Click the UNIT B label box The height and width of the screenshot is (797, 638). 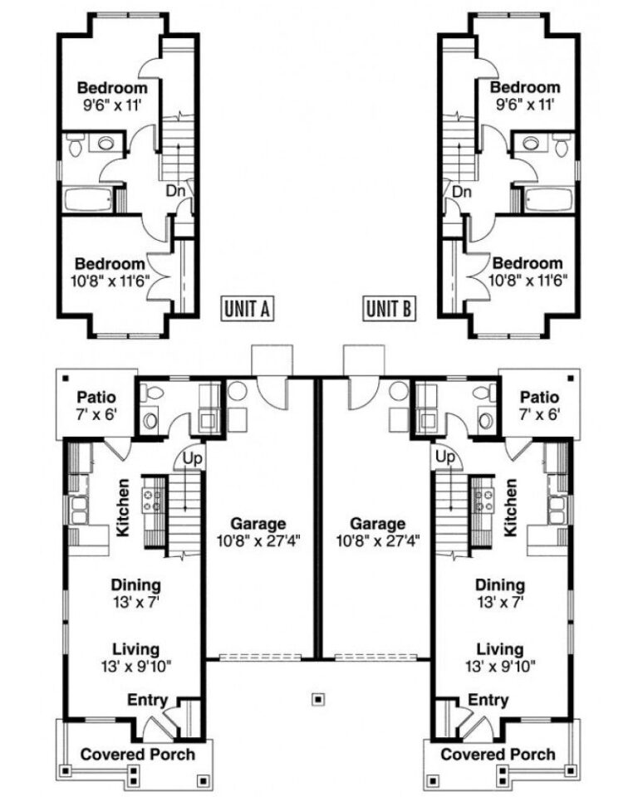(389, 309)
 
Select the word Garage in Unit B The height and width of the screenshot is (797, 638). (378, 524)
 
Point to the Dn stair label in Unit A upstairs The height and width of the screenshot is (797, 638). (174, 190)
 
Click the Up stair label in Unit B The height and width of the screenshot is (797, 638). (445, 457)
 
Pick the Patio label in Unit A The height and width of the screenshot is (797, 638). (96, 398)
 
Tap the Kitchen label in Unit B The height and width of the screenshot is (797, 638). (511, 506)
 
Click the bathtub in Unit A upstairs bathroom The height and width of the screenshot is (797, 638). (86, 200)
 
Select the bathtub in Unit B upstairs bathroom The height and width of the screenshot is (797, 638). (548, 200)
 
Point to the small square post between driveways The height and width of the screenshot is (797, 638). (318, 698)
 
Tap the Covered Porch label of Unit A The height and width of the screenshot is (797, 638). (137, 754)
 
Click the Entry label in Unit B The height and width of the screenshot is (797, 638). (488, 702)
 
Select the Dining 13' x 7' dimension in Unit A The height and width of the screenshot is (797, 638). (137, 601)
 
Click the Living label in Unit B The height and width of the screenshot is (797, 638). (500, 648)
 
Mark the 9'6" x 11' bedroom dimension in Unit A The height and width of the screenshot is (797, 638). (112, 105)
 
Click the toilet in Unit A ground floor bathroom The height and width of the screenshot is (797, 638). (150, 420)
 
